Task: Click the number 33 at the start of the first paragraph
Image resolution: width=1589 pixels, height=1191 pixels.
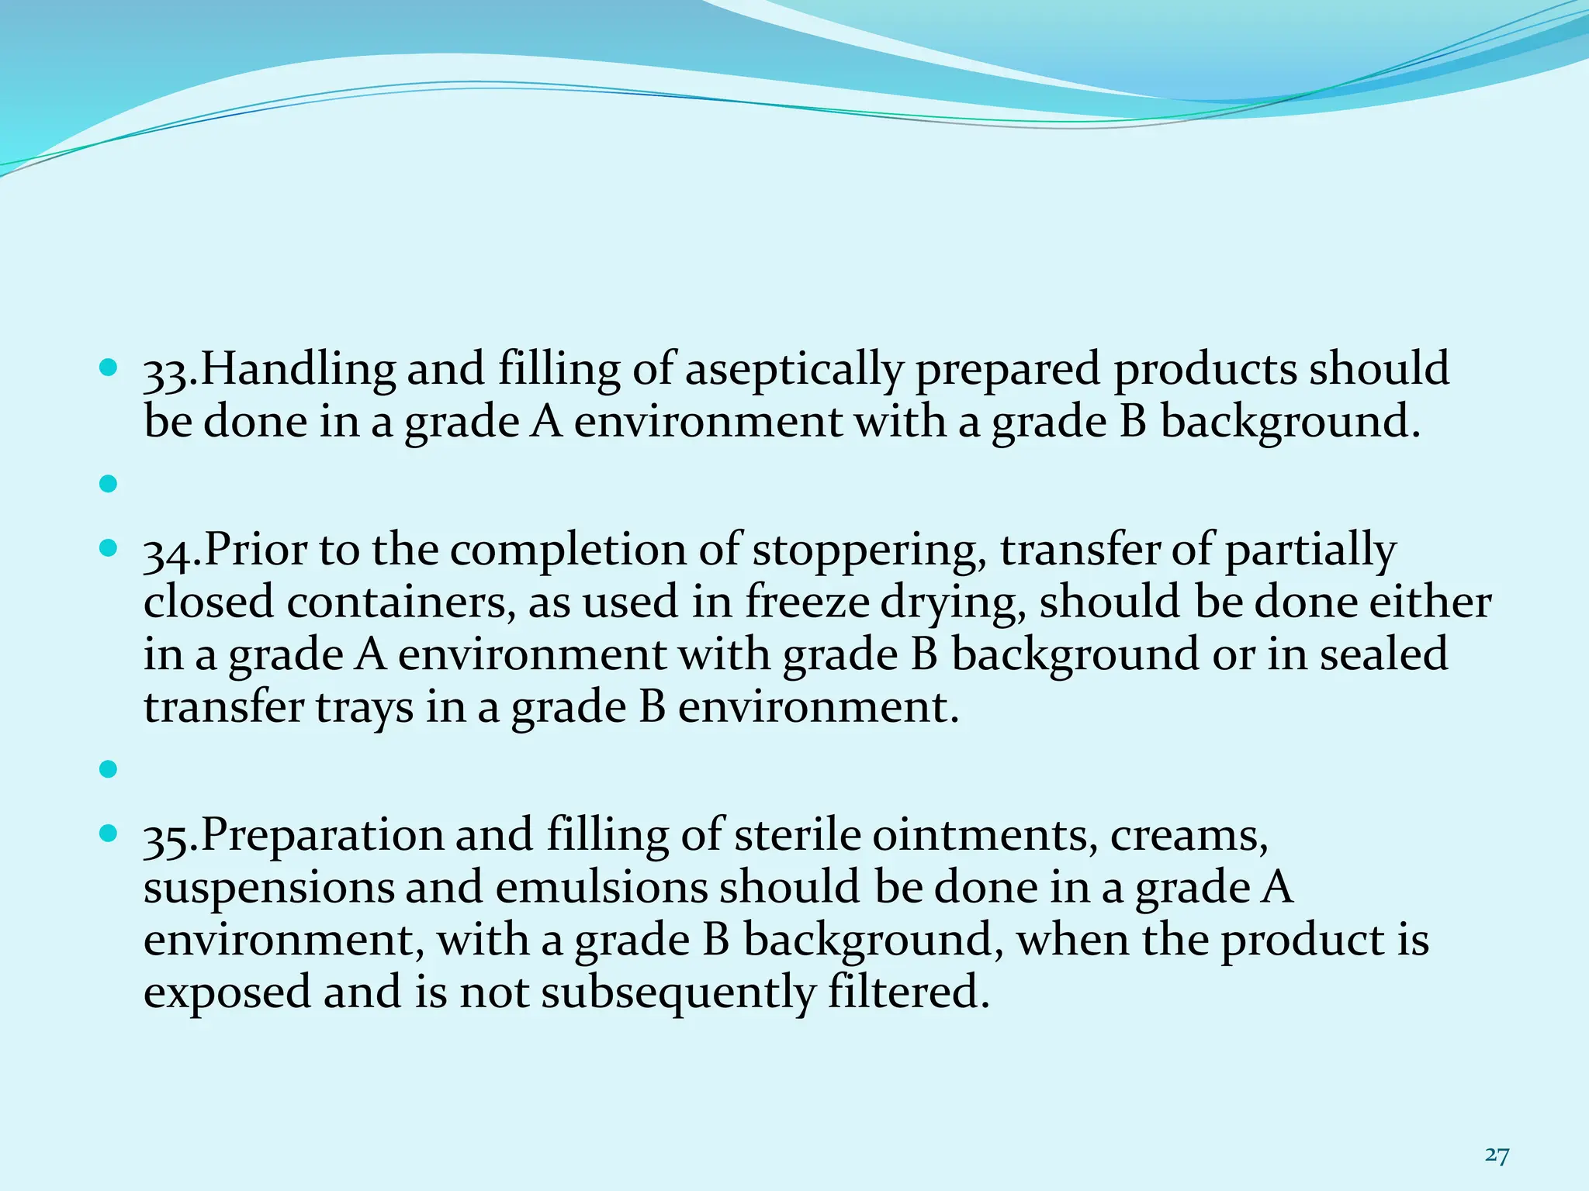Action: coord(166,371)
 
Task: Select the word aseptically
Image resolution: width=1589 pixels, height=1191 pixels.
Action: coord(794,369)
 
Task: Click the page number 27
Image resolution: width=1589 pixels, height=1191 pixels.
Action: coord(1497,1134)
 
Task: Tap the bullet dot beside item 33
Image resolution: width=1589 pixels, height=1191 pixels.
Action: coord(108,365)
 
